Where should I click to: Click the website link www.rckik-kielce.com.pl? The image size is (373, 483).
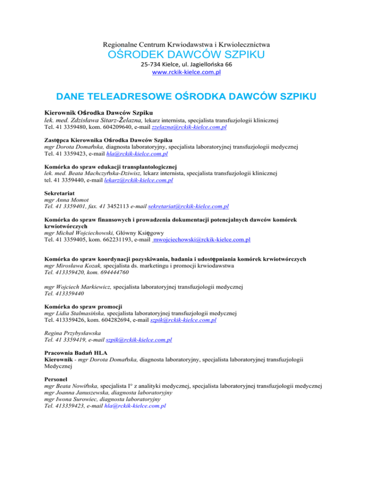pos(186,72)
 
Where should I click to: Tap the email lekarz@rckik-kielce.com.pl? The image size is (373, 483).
pos(138,180)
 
